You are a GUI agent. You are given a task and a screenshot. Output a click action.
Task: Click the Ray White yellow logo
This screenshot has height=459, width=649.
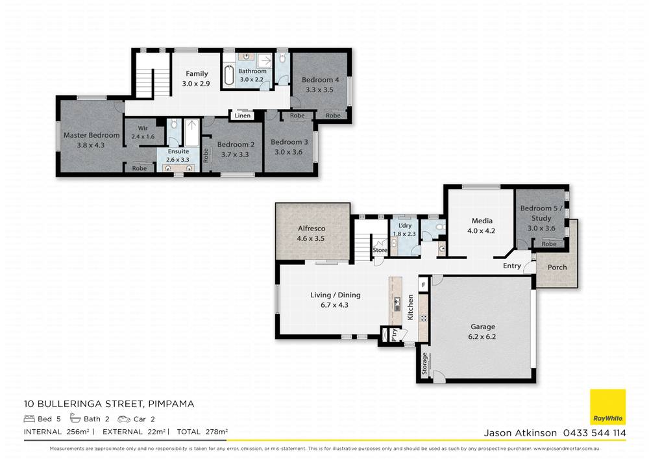pyautogui.click(x=607, y=407)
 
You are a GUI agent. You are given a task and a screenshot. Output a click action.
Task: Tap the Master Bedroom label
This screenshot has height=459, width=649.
pyautogui.click(x=92, y=135)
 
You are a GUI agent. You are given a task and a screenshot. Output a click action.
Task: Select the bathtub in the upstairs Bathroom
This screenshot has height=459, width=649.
pyautogui.click(x=229, y=75)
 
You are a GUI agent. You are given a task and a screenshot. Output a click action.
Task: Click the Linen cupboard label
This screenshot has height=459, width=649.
pyautogui.click(x=243, y=116)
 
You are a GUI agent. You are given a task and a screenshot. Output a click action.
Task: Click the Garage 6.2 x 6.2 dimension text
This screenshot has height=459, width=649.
pyautogui.click(x=482, y=336)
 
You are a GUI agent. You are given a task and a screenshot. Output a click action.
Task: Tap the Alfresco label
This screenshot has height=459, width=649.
pyautogui.click(x=312, y=228)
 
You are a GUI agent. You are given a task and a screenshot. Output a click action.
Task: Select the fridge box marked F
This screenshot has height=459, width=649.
pyautogui.click(x=423, y=285)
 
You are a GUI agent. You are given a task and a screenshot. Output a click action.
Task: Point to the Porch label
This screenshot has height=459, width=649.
pyautogui.click(x=557, y=267)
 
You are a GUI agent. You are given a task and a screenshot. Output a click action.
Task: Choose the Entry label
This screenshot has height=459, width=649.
pyautogui.click(x=512, y=266)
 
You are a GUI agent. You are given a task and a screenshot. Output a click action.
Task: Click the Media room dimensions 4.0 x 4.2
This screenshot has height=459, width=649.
pyautogui.click(x=482, y=231)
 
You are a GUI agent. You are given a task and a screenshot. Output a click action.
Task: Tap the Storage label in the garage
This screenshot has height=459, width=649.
pyautogui.click(x=424, y=364)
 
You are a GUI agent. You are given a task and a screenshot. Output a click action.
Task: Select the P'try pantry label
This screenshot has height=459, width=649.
pyautogui.click(x=395, y=334)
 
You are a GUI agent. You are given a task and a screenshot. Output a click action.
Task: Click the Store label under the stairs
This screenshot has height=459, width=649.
pyautogui.click(x=380, y=250)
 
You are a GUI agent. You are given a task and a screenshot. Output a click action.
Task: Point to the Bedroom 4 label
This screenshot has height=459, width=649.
pyautogui.click(x=321, y=80)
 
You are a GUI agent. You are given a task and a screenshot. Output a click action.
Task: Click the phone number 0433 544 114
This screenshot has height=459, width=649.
pyautogui.click(x=594, y=433)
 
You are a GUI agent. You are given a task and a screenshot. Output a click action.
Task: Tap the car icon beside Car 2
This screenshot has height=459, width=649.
pyautogui.click(x=124, y=419)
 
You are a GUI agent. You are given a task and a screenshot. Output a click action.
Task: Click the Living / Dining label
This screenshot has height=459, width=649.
pyautogui.click(x=336, y=295)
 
